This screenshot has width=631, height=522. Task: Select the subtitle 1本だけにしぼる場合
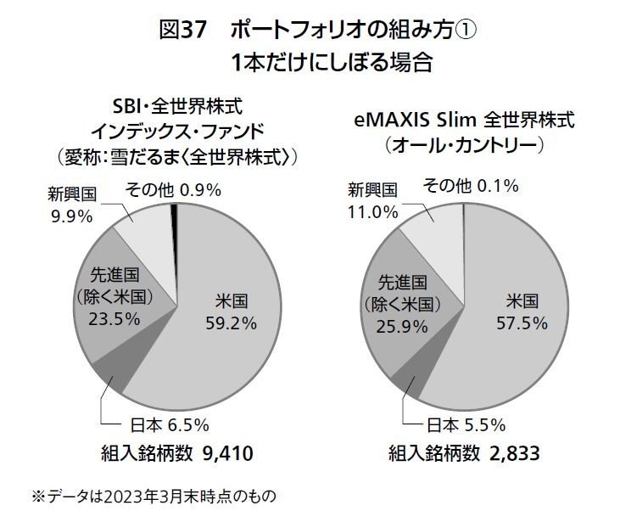tap(315, 63)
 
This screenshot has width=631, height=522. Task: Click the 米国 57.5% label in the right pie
tap(523, 310)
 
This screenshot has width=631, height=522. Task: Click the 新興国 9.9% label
tap(70, 205)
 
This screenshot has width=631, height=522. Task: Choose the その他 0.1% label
tap(473, 186)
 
